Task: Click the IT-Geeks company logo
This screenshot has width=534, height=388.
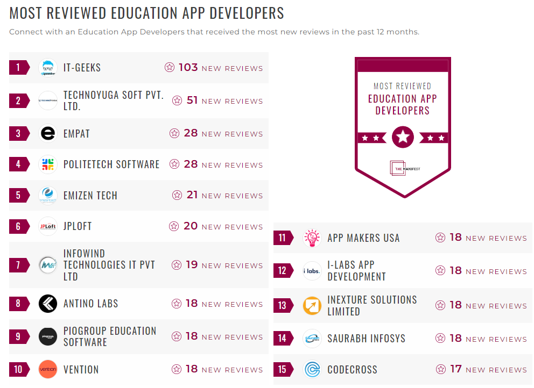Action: point(48,68)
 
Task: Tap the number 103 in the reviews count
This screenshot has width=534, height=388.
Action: point(188,68)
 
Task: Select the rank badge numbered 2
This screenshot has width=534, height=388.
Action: point(19,100)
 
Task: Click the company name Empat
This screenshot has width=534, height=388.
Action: point(76,134)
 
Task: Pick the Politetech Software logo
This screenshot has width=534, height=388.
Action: point(48,164)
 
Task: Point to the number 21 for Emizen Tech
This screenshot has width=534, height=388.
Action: point(192,195)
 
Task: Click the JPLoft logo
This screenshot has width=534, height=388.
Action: point(48,226)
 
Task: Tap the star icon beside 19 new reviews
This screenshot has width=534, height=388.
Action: point(177,265)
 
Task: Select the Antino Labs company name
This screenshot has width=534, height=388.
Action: point(90,304)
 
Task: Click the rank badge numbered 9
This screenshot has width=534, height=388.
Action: point(19,336)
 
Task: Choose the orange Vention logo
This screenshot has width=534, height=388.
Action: point(48,369)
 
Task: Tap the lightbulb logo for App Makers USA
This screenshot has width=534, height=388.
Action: point(312,238)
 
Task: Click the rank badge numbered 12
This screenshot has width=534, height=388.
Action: point(283,270)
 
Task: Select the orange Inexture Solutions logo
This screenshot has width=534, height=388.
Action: point(312,305)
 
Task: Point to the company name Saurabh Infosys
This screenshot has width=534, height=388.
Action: point(366,339)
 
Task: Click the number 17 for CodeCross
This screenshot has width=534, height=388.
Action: point(456,369)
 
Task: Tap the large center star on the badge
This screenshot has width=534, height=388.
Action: point(403,138)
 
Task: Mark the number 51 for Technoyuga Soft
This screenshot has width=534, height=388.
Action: point(192,100)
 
